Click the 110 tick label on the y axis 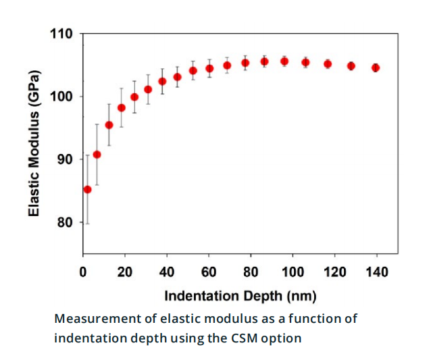tap(62, 34)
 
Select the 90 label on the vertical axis tap(65, 159)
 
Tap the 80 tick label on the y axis tap(65, 222)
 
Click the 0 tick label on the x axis tap(82, 272)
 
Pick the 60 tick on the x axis tap(208, 272)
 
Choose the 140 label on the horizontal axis tap(376, 272)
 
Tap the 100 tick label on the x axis tap(293, 272)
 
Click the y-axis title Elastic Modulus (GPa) tap(34, 143)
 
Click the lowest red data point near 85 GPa tap(87, 189)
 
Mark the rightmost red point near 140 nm tap(376, 68)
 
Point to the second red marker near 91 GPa tap(97, 154)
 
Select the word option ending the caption tap(283, 338)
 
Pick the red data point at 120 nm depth tap(328, 64)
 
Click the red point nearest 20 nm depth tap(122, 107)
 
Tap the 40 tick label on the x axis tap(166, 272)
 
